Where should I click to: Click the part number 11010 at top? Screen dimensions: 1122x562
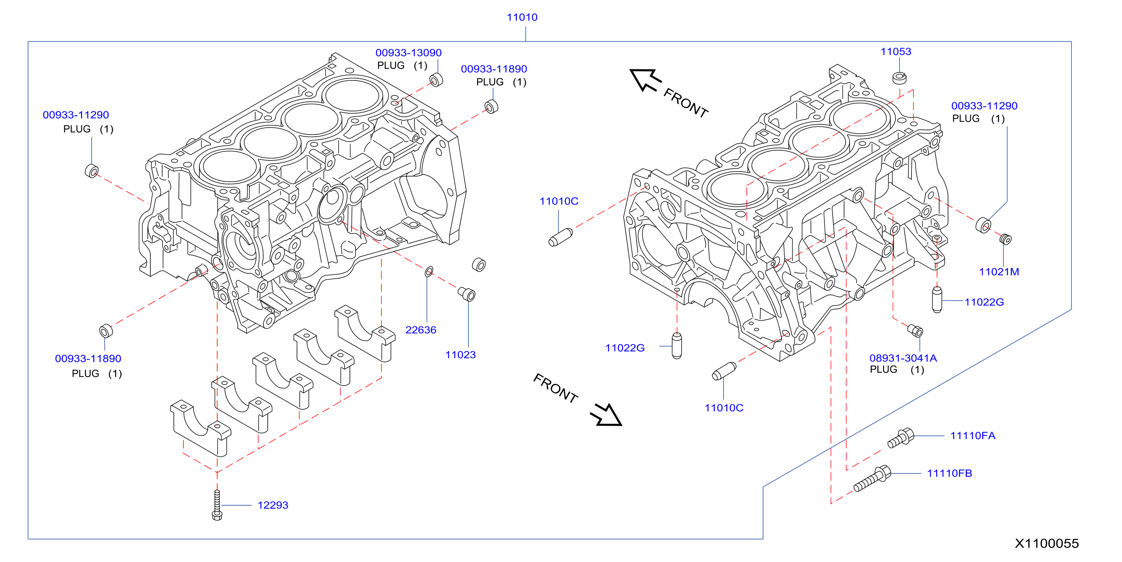tap(522, 17)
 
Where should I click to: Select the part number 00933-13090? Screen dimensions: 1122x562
tap(409, 53)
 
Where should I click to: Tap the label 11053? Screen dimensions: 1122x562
tap(896, 52)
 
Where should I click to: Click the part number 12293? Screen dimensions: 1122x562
tap(273, 505)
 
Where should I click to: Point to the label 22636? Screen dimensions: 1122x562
tap(421, 330)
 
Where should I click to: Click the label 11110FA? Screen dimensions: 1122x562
tap(972, 436)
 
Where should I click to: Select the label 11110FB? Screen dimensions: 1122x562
tap(950, 473)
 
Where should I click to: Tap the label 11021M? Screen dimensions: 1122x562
tap(999, 272)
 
